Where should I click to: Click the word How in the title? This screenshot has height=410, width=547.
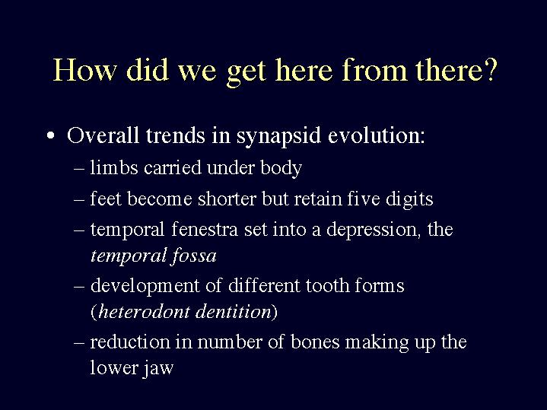84,70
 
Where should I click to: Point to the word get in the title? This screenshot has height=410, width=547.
246,73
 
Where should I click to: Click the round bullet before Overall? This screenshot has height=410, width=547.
51,135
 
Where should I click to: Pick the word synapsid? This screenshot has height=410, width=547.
278,135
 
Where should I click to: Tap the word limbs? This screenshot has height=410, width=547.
114,167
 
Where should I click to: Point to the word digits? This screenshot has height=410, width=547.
409,199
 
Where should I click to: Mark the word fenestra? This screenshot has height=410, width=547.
205,229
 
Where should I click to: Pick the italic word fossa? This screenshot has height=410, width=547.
193,256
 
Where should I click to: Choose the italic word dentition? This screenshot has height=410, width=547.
234,311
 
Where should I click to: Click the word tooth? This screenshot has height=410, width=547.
327,285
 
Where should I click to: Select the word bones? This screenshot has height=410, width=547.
315,342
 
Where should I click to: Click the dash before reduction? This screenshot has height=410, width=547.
79,342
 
